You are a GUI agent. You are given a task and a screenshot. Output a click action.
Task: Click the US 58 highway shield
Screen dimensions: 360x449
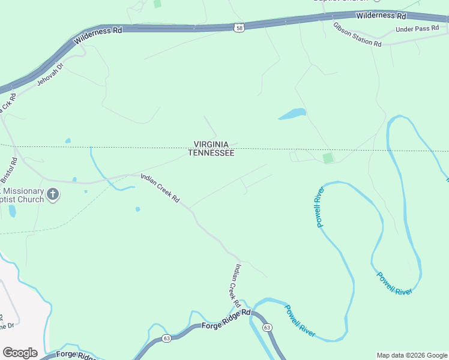[239, 27]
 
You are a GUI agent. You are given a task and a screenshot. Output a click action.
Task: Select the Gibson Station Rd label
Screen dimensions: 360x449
[357, 35]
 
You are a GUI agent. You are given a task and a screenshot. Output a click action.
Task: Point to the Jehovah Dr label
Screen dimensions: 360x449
[50, 74]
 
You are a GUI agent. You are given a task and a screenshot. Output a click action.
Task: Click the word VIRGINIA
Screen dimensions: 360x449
[211, 145]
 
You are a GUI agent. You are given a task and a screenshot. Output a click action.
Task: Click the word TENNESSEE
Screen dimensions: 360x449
[211, 153]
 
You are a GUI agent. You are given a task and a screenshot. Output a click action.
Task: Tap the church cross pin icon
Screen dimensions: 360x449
[53, 194]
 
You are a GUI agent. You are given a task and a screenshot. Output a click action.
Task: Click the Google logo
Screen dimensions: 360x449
[20, 353]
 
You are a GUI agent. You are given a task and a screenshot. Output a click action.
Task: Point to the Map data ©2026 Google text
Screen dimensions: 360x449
[411, 355]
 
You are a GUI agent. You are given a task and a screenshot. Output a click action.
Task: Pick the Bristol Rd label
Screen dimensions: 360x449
[10, 170]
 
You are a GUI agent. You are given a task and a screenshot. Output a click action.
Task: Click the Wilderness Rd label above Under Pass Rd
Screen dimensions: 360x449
[381, 16]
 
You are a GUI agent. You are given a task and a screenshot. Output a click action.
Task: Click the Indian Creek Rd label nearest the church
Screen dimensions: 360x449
[160, 188]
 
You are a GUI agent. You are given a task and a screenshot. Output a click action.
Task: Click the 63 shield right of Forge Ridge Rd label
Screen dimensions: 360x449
[267, 327]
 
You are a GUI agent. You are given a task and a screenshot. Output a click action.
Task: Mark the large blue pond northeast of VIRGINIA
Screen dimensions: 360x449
[292, 113]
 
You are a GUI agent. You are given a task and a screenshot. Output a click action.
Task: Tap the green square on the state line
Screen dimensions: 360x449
[328, 158]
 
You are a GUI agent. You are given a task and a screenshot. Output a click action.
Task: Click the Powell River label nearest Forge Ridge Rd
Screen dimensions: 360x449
[300, 320]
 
